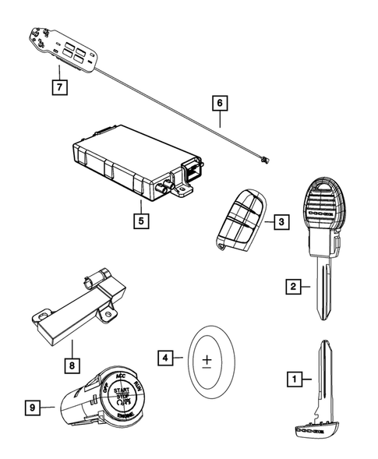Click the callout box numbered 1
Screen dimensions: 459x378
click(295, 380)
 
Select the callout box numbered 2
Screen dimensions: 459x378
click(291, 288)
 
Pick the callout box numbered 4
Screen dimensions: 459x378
click(164, 358)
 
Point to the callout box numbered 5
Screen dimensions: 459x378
click(139, 221)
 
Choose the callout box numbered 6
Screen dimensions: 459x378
click(220, 102)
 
